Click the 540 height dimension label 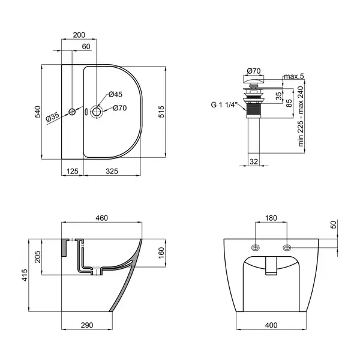pyautogui.click(x=37, y=112)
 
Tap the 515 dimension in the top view pyautogui.click(x=161, y=112)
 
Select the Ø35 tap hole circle pyautogui.click(x=72, y=112)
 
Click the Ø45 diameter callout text pyautogui.click(x=115, y=94)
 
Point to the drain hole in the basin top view pyautogui.click(x=97, y=112)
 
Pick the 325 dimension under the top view pyautogui.click(x=112, y=171)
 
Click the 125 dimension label pyautogui.click(x=73, y=171)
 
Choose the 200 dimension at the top pyautogui.click(x=79, y=35)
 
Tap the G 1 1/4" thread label pyautogui.click(x=224, y=105)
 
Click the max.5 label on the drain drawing pyautogui.click(x=294, y=76)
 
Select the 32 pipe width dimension pyautogui.click(x=254, y=161)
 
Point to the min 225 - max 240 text pyautogui.click(x=301, y=116)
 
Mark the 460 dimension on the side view pyautogui.click(x=102, y=218)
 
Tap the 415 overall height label pyautogui.click(x=25, y=275)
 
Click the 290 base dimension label pyautogui.click(x=87, y=325)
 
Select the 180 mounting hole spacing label pyautogui.click(x=271, y=218)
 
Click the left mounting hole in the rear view pyautogui.click(x=256, y=248)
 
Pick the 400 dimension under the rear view pyautogui.click(x=271, y=325)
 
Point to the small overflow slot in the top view pyautogui.click(x=86, y=112)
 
